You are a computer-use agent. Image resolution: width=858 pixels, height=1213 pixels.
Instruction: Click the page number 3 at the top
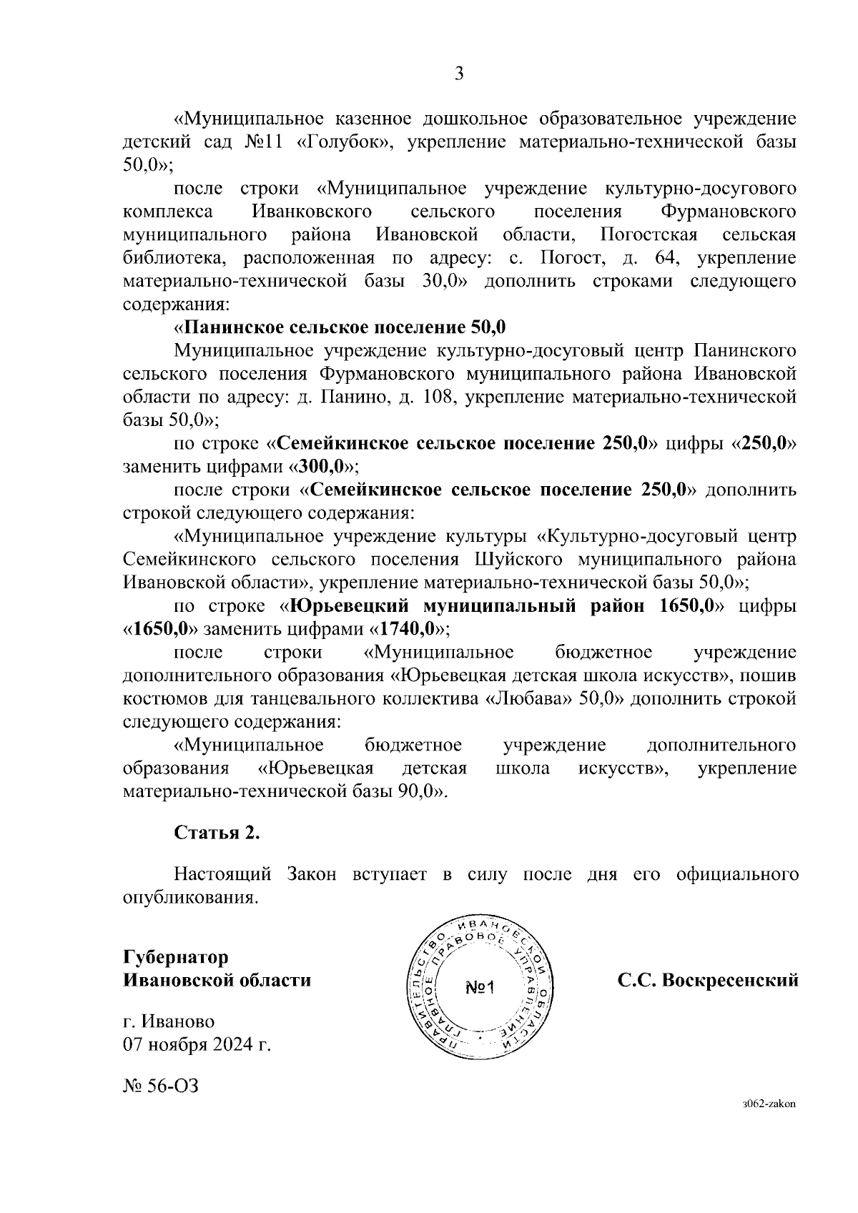click(459, 74)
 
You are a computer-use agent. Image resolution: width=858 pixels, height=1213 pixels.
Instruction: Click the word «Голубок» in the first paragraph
click(344, 142)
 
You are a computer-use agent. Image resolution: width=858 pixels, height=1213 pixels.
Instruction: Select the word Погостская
click(649, 235)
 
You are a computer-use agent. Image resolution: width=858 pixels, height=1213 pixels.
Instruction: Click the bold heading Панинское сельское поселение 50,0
click(344, 328)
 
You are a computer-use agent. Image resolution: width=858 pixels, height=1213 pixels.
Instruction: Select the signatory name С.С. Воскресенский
click(708, 981)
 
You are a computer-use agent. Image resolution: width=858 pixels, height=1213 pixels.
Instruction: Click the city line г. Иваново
click(169, 1022)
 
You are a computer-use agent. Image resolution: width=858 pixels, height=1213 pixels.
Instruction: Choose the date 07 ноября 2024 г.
click(197, 1045)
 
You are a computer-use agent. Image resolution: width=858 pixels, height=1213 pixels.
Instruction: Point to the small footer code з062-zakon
click(769, 1124)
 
